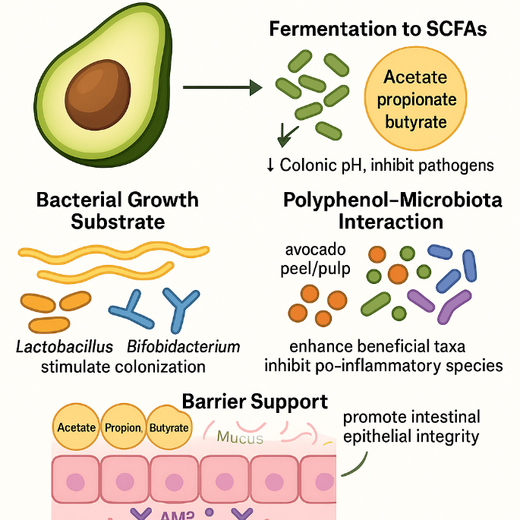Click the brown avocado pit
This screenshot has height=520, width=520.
click(96, 98)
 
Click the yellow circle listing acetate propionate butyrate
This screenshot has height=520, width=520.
click(421, 99)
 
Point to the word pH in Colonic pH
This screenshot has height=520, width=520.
click(355, 164)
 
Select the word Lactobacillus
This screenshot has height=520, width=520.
click(65, 347)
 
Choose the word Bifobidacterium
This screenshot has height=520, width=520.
click(183, 347)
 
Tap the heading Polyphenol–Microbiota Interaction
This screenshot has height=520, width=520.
click(392, 211)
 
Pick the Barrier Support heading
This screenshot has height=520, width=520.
click(255, 401)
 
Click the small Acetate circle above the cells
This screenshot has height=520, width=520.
click(76, 427)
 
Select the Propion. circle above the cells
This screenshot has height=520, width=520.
click(124, 427)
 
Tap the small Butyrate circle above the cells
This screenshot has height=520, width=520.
click(169, 427)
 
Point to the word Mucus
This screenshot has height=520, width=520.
click(240, 438)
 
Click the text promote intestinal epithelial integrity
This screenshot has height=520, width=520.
click(411, 427)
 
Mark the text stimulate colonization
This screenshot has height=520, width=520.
click(123, 366)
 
